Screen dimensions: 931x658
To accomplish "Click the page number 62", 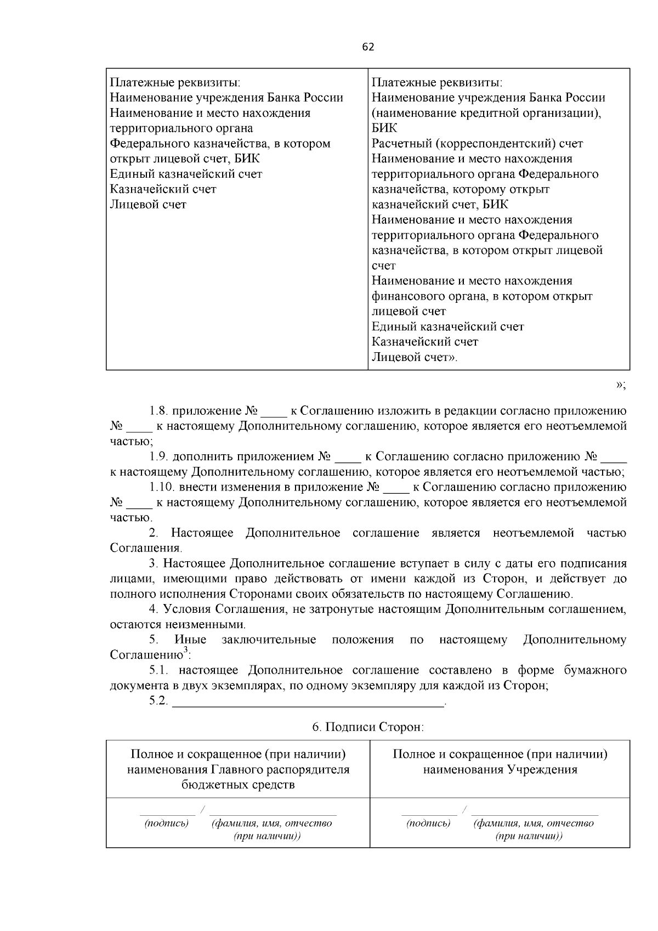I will (368, 47).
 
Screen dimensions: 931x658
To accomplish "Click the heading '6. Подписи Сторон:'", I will (368, 727).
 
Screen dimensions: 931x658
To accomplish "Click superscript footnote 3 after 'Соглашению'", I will (185, 651).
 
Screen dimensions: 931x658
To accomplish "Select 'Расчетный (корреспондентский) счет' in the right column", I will (477, 144).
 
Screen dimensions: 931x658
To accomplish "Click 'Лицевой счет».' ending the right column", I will (415, 357).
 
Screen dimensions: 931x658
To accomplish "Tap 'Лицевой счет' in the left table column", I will (148, 205).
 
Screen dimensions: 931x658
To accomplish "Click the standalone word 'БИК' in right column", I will (384, 128).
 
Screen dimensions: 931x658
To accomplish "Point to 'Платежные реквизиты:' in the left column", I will (175, 83).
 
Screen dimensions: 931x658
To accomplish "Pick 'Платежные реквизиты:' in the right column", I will (437, 83).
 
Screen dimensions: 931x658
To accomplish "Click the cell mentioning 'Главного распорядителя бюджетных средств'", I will (238, 769).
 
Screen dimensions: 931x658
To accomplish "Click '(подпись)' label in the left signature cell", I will (166, 823).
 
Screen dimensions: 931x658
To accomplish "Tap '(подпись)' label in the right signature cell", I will (428, 823).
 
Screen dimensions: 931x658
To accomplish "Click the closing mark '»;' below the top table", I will (621, 385).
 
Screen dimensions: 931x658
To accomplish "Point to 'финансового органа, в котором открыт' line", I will (482, 296).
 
